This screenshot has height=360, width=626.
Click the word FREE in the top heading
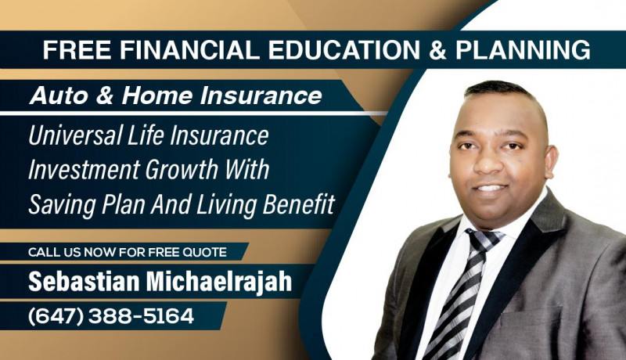pos(76,50)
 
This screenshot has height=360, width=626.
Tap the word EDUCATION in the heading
pos(344,50)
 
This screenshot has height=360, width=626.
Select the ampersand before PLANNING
pos(438,50)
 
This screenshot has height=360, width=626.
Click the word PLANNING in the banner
pos(523,50)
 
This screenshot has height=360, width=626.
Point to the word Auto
pos(59,95)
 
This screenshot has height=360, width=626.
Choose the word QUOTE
pos(204,252)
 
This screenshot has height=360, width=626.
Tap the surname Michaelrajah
pos(219,282)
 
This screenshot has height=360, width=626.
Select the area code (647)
pos(56,316)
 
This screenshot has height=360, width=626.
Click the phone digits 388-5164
pos(141,316)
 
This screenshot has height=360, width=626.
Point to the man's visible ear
pos(551,161)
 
